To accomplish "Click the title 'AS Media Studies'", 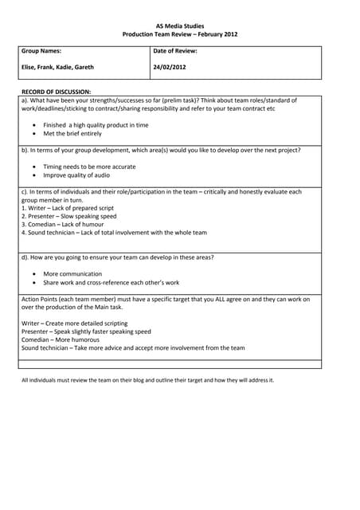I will (x=179, y=25).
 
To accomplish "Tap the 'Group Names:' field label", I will (x=41, y=51).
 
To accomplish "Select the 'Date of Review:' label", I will (x=175, y=51).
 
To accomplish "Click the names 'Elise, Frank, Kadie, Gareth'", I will (x=57, y=68).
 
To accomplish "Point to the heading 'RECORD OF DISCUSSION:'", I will (x=56, y=92).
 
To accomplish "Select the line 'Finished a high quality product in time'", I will (x=96, y=125).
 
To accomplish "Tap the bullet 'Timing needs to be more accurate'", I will (x=89, y=167).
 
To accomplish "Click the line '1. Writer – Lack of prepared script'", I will (x=70, y=208).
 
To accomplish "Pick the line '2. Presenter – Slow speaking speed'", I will (x=68, y=216).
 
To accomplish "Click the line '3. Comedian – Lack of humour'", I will (x=62, y=225).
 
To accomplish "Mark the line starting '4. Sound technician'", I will (x=114, y=233).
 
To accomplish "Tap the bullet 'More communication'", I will (x=72, y=274).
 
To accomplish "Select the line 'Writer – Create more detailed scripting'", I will (x=81, y=323).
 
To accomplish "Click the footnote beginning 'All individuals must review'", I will (x=147, y=380).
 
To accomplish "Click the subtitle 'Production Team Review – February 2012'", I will (x=179, y=34).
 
